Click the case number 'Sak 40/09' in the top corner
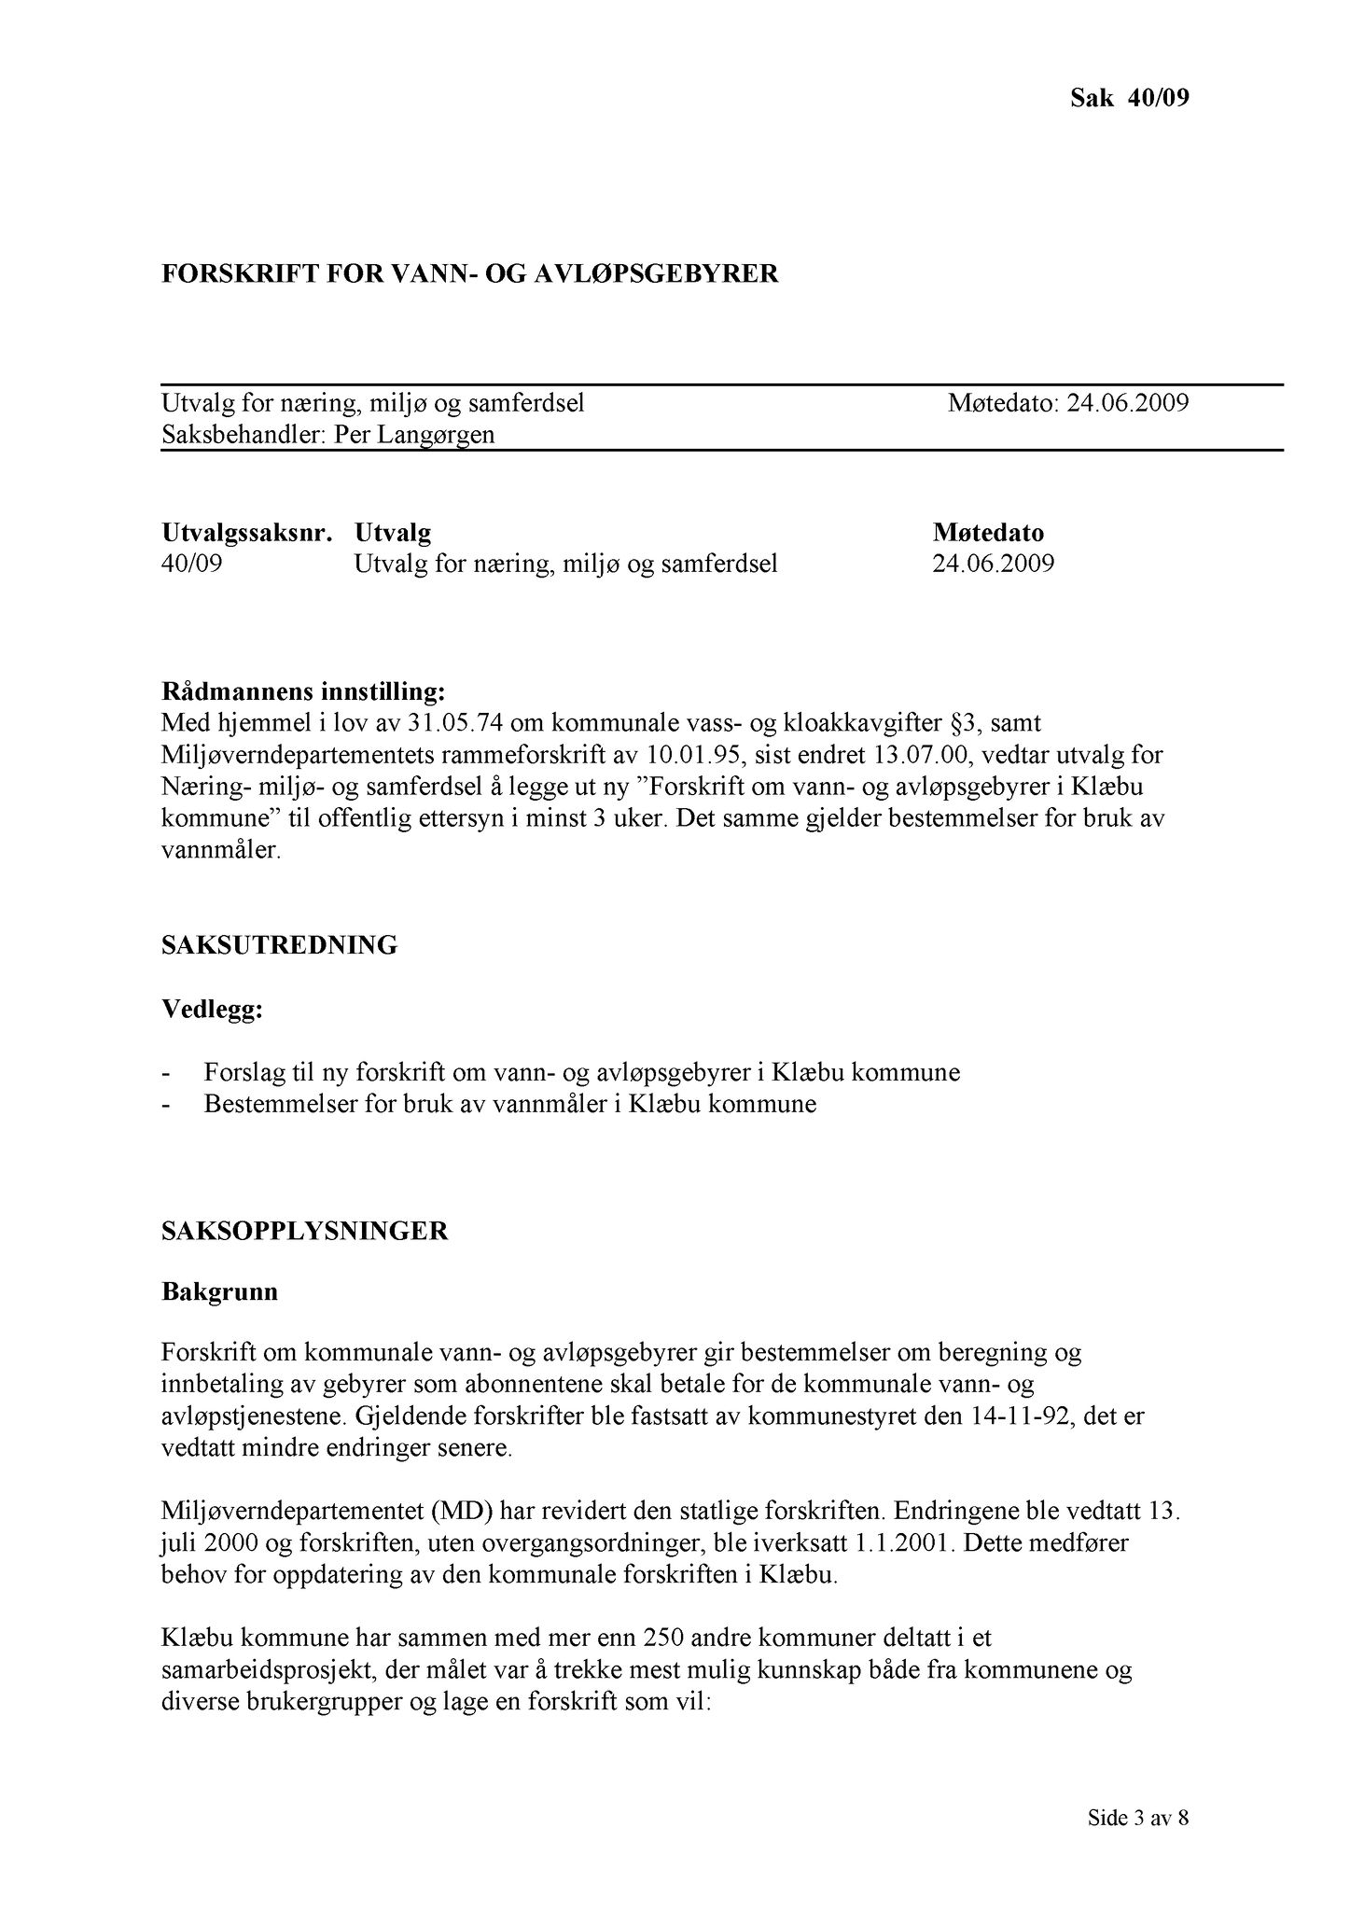(x=1129, y=98)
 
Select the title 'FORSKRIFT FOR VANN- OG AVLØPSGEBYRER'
(x=469, y=273)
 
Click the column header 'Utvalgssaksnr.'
(x=247, y=533)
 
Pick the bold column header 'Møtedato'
(x=988, y=533)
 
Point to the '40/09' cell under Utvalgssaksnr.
(x=191, y=564)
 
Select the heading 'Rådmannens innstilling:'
(x=303, y=692)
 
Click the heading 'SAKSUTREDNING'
(x=279, y=945)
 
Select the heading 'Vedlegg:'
(x=212, y=1010)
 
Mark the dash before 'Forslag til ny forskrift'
(x=166, y=1072)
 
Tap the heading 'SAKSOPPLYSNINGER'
(x=304, y=1231)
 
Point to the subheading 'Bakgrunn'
(x=219, y=1293)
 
